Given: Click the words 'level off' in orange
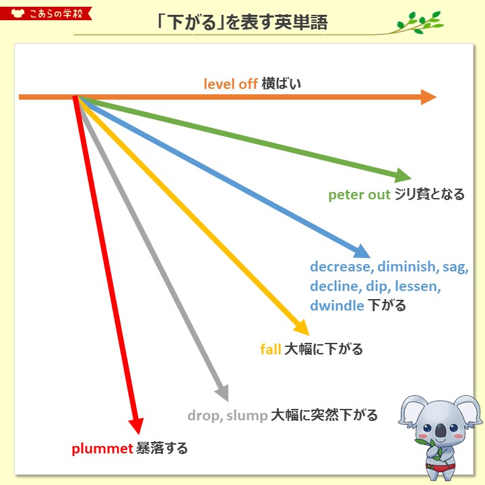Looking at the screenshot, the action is tap(231, 84).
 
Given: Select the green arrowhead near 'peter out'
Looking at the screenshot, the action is tap(403, 176).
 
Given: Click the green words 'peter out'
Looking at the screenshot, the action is tap(359, 195).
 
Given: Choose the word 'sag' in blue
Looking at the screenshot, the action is tap(455, 267).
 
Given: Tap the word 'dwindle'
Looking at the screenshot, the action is tap(337, 305).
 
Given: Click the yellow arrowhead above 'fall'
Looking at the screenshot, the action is tap(300, 328).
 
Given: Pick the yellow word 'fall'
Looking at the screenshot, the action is tap(270, 349).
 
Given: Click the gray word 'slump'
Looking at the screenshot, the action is tap(247, 415).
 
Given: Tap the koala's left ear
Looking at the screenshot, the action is tap(409, 412).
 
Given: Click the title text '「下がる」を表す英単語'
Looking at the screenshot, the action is tap(242, 23).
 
